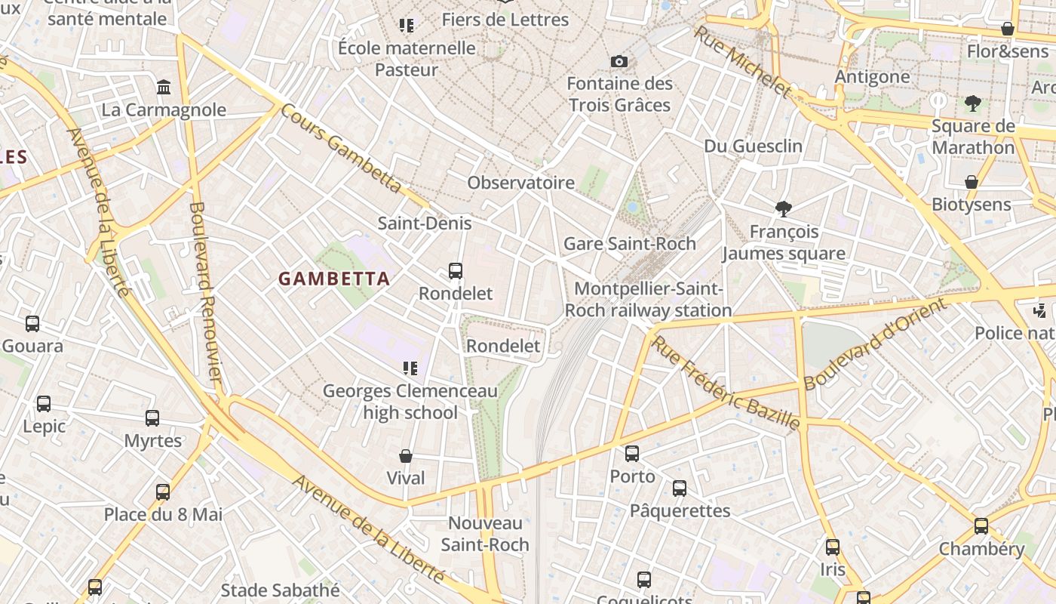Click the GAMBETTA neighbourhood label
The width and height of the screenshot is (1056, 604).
coord(334,279)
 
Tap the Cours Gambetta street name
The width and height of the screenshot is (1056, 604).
coord(341,148)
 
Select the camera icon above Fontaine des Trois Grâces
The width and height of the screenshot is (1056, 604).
coord(619,61)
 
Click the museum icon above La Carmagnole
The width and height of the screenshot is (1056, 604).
coord(164,88)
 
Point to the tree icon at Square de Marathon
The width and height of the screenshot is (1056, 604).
coord(972,103)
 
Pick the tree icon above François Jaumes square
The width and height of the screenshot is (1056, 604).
coord(784,209)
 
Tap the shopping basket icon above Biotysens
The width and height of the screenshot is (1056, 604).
coord(972,182)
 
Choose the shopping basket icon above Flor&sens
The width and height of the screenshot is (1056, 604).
coord(1007,29)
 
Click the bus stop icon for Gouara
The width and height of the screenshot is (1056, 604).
coord(32,324)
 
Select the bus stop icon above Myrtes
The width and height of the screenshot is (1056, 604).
coord(152,418)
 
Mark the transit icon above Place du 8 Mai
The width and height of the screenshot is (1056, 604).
coord(163,492)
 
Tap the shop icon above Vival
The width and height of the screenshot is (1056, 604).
coord(406,456)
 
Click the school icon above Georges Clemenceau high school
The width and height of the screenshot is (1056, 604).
coord(410,368)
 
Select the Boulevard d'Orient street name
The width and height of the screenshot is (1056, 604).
coord(874,344)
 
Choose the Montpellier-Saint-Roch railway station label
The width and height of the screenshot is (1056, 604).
coord(648,300)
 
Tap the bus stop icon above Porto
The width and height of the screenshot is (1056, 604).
coord(632,454)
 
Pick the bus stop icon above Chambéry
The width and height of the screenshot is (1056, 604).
coord(981,526)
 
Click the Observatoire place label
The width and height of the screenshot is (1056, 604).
coord(520,183)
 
